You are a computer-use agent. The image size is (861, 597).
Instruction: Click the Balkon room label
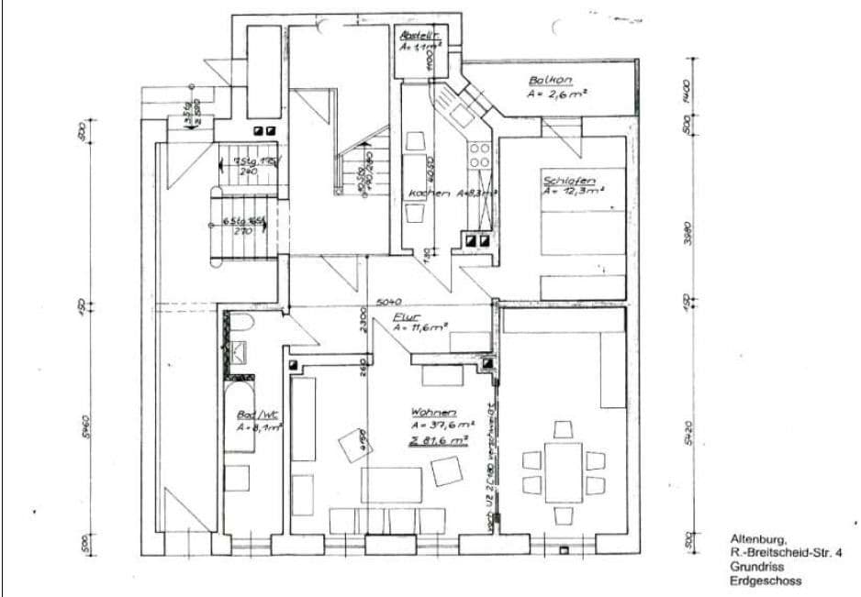(550, 80)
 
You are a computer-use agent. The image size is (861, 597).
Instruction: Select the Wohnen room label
(434, 412)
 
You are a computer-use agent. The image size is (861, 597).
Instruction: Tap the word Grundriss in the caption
(753, 568)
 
